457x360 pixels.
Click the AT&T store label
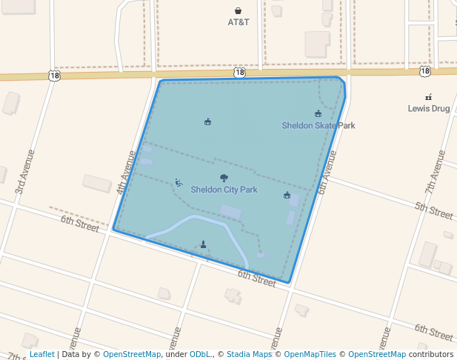coord(238,22)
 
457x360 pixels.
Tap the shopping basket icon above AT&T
coord(238,10)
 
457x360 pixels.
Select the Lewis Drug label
coord(429,108)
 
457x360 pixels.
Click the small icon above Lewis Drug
coord(429,97)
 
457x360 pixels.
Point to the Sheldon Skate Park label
coord(318,125)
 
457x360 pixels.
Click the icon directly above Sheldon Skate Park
coord(318,113)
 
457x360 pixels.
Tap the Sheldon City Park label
coord(224,190)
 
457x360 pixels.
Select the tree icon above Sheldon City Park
coord(224,178)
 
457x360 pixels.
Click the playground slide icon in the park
coord(179,182)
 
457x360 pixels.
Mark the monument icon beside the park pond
coord(203,244)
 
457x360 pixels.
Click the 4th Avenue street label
coord(126,173)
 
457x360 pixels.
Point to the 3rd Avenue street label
coord(25,172)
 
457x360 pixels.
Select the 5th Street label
coord(433,210)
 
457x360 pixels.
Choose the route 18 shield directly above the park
coord(239,73)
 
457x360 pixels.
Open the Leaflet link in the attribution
coord(41,355)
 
